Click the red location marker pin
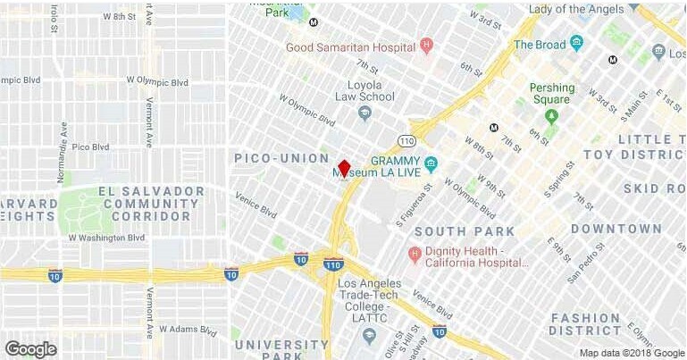pos(344,168)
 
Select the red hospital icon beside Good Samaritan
pos(427,44)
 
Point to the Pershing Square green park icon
pos(552,114)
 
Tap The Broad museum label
pos(539,44)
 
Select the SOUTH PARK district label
pos(465,231)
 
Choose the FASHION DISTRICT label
pos(585,324)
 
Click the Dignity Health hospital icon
pos(415,255)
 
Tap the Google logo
pos(30,349)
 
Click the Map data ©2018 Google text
pos(631,352)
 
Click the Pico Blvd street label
pos(89,147)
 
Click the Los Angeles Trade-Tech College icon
pos(369,334)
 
